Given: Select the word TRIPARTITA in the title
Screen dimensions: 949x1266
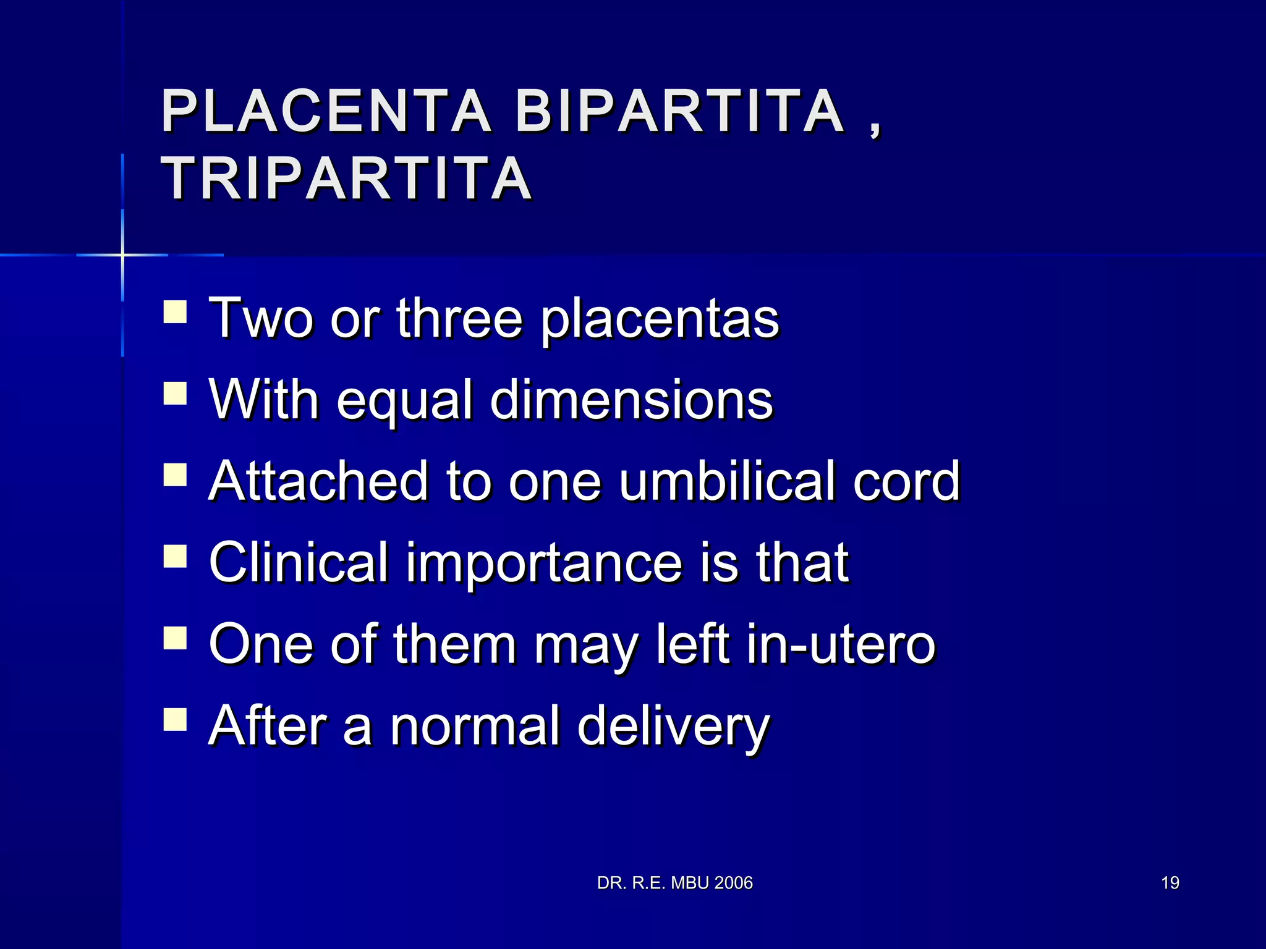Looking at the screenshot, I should pos(346,179).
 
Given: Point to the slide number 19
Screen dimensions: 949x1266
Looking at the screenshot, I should pos(1170,883).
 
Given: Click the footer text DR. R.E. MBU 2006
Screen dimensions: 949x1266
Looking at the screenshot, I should pos(674,883).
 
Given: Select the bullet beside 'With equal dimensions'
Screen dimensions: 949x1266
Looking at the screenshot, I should pos(175,394).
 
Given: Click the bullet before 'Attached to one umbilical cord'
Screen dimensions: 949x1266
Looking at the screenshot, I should pos(175,475).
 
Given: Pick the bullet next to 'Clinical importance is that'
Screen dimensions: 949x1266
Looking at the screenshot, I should pos(175,556).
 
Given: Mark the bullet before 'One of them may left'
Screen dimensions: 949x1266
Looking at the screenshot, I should pos(175,638).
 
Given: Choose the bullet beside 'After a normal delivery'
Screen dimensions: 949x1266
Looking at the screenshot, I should pos(175,720).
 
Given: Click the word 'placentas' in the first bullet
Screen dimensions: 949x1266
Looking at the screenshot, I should pos(660,319).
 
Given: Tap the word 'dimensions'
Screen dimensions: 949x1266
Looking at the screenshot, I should pos(631,400).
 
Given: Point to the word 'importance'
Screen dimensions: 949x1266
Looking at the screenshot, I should pos(544,563).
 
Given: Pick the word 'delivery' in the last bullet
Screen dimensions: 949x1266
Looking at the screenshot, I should pos(673,727).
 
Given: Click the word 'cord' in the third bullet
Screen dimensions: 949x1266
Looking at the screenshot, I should pos(906,481).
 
